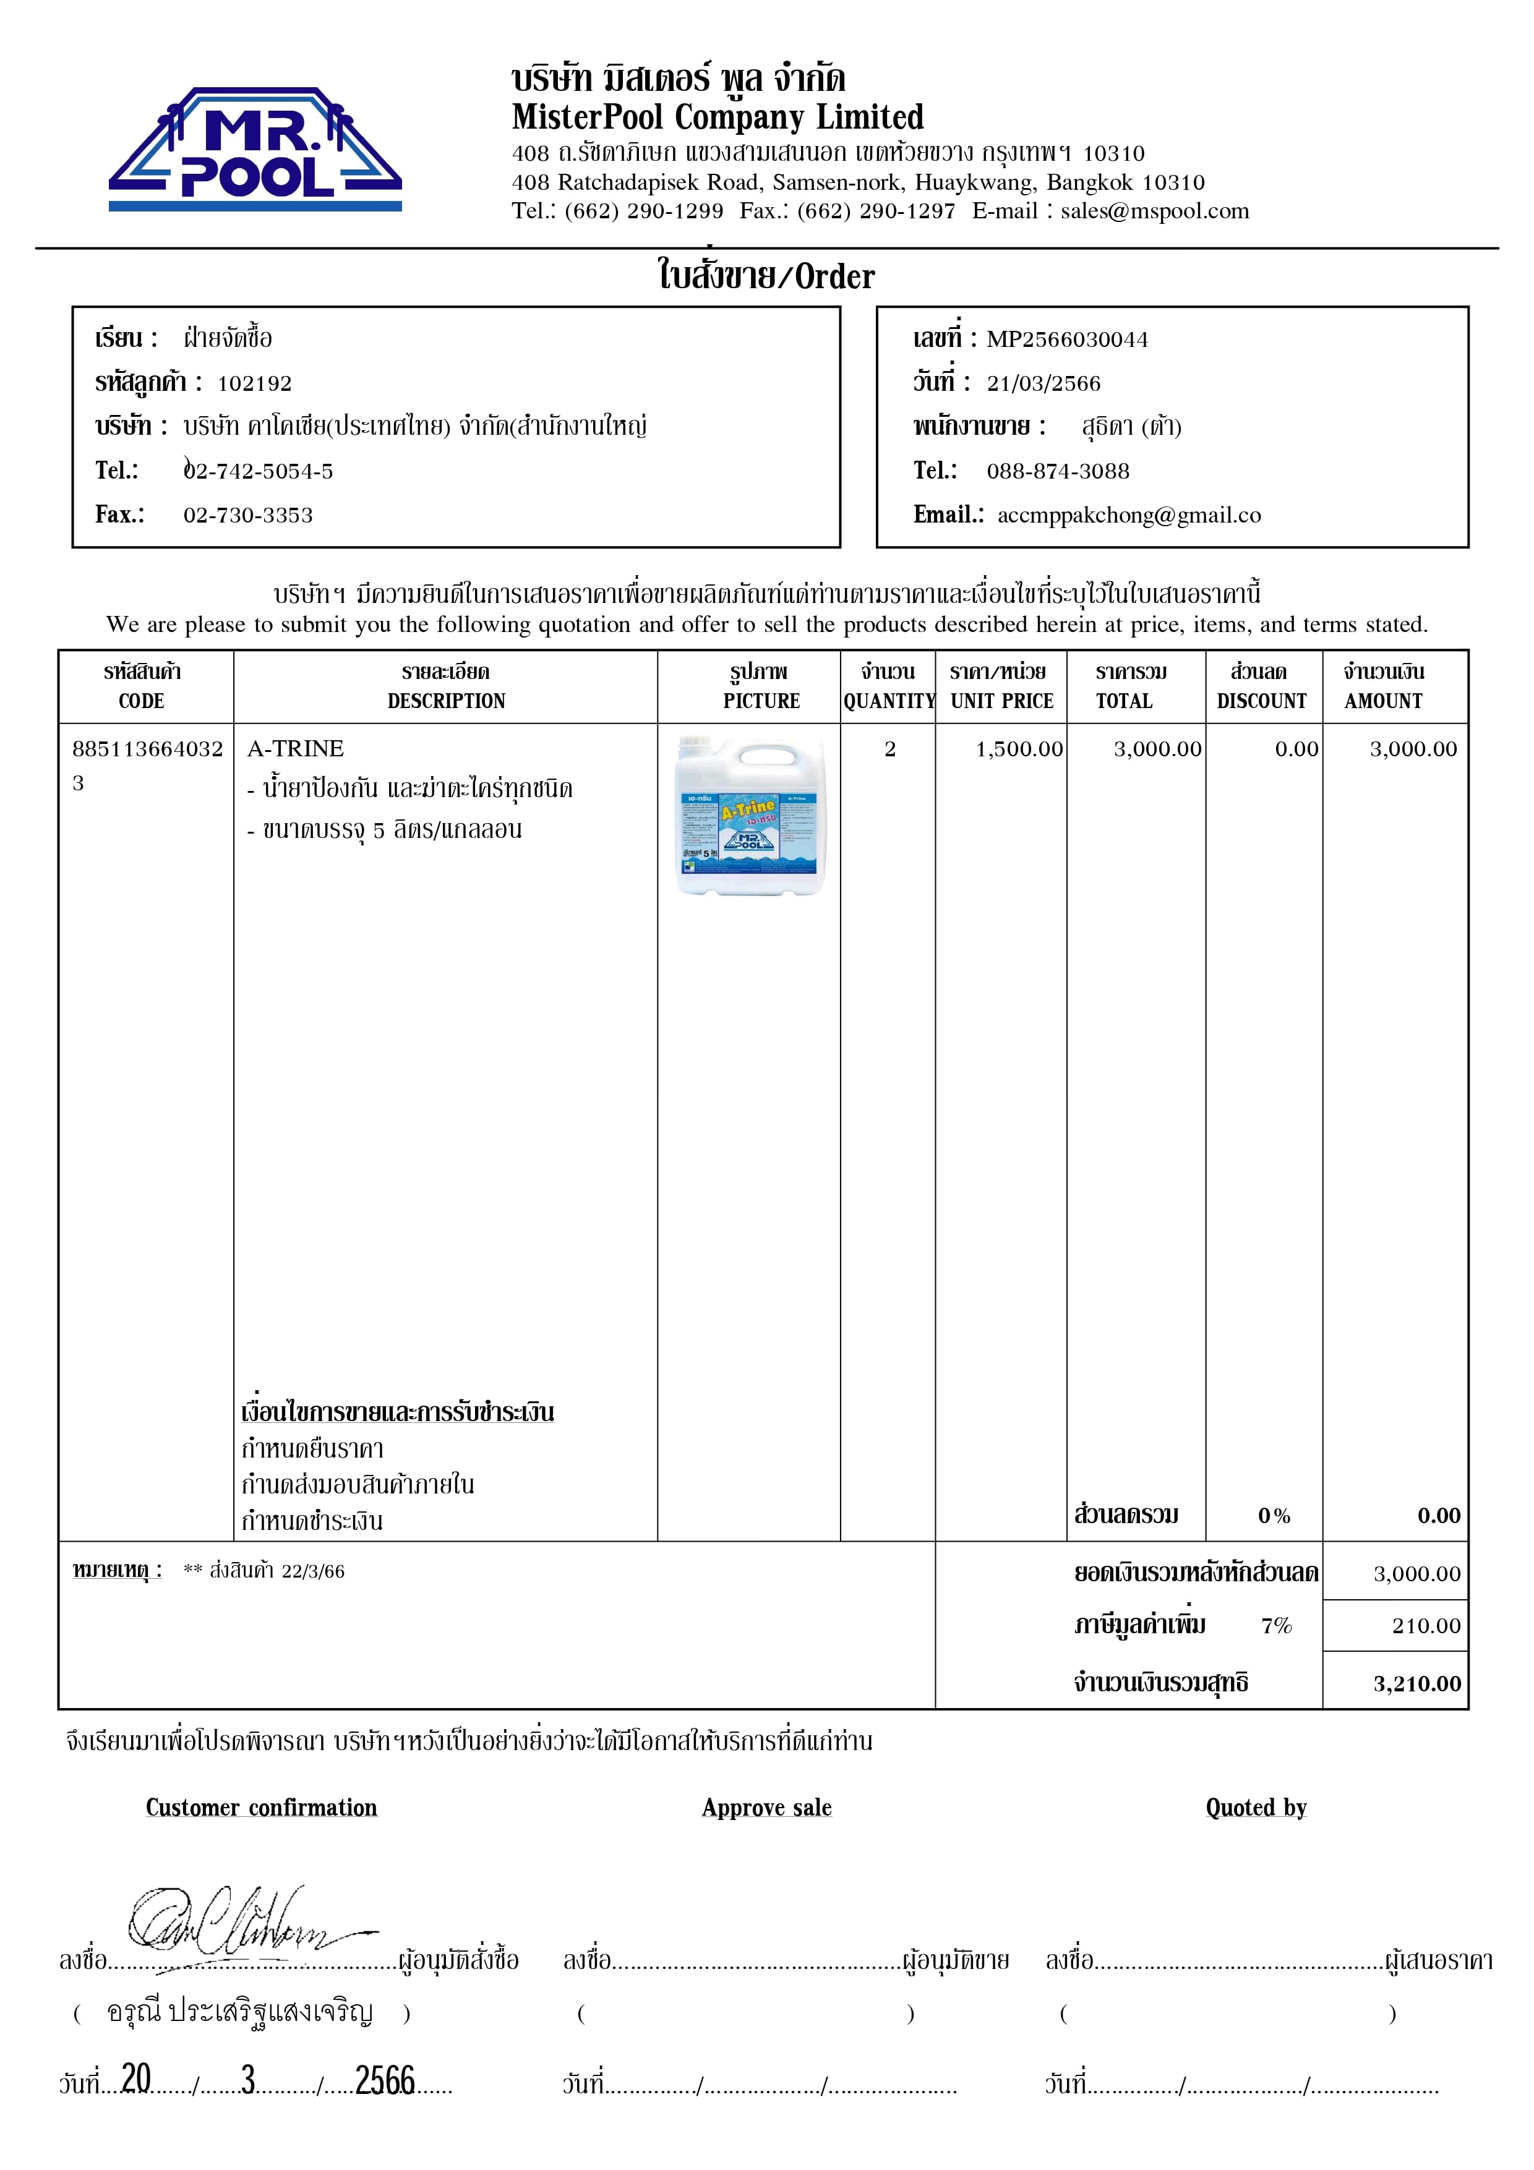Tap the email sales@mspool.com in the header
pyautogui.click(x=1154, y=211)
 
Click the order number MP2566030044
pyautogui.click(x=1067, y=340)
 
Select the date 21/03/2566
pyautogui.click(x=1043, y=383)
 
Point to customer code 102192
pyautogui.click(x=254, y=383)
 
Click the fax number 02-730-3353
pyautogui.click(x=247, y=515)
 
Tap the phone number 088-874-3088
pyautogui.click(x=1058, y=471)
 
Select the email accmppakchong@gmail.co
pyautogui.click(x=1128, y=515)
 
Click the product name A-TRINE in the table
pyautogui.click(x=295, y=748)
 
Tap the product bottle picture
pyautogui.click(x=750, y=816)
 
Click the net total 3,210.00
pyautogui.click(x=1417, y=1683)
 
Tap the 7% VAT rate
pyautogui.click(x=1276, y=1626)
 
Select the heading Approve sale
pyautogui.click(x=766, y=1808)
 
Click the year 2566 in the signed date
pyautogui.click(x=385, y=2080)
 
